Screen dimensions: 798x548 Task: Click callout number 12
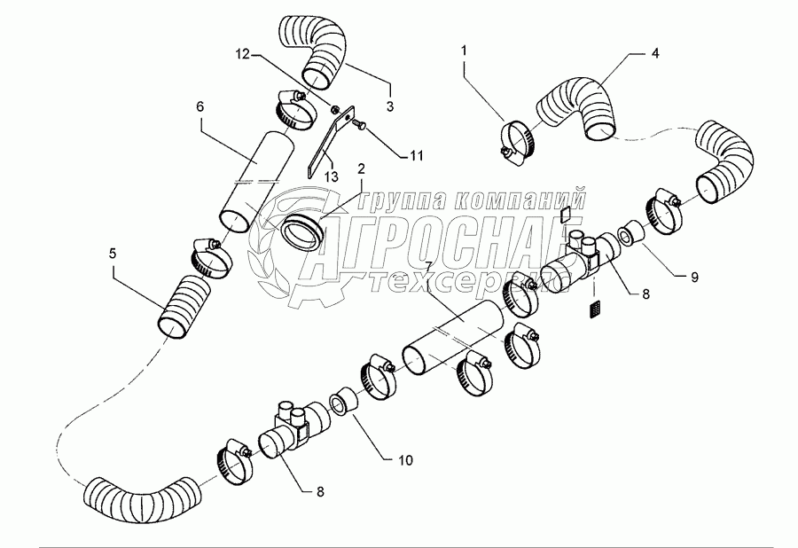tap(243, 54)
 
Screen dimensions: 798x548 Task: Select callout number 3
tap(390, 106)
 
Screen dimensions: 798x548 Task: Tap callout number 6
tap(199, 106)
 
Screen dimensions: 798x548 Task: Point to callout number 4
tap(655, 53)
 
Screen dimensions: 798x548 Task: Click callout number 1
tap(464, 51)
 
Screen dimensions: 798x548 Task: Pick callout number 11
tap(417, 156)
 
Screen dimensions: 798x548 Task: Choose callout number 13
tap(332, 176)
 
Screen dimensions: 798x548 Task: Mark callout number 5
tap(113, 253)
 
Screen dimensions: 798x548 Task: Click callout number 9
tap(694, 277)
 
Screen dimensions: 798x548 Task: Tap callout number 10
tap(406, 460)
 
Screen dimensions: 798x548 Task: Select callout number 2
tap(361, 168)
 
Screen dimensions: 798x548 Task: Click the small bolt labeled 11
tap(356, 122)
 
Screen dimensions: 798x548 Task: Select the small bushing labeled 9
tap(631, 232)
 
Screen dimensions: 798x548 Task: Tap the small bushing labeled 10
tap(342, 398)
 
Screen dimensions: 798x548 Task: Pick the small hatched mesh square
tap(595, 309)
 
